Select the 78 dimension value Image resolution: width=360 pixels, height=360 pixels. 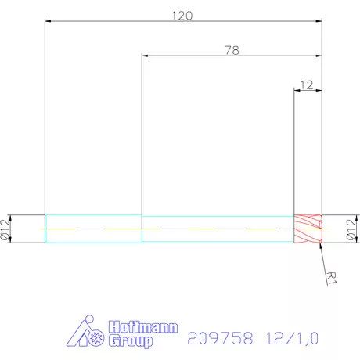point(232,49)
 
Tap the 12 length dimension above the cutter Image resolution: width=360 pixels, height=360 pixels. point(307,84)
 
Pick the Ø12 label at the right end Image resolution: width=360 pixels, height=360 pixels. point(351,228)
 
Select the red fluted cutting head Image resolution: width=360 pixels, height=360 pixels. point(308,229)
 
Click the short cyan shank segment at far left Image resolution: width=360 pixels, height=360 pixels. point(93,229)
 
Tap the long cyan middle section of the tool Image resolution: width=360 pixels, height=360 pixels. point(217,229)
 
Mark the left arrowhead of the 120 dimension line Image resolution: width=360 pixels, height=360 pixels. point(49,22)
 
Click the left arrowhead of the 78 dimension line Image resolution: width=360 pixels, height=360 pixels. point(146,56)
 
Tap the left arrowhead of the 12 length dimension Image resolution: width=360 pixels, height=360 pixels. point(297,90)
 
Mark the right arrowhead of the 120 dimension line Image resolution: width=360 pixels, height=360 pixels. point(318,22)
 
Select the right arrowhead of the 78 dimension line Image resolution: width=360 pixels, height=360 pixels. point(318,56)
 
